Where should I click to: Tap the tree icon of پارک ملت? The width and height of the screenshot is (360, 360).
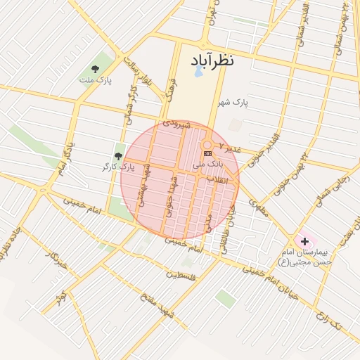pos(95,68)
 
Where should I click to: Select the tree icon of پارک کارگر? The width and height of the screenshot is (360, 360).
pos(118,155)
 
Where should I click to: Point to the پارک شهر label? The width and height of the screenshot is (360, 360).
pos(233,103)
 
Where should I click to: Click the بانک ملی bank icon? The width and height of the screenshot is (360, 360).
pos(207,153)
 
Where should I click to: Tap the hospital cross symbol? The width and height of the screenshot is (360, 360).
pos(304,241)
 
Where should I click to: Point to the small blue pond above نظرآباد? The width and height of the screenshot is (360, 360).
pos(198,72)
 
